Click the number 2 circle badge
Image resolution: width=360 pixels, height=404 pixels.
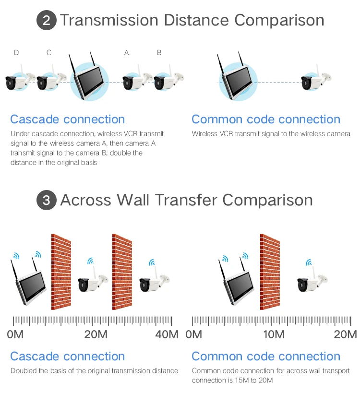tap(46, 21)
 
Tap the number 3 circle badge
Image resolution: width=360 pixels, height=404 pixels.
tap(46, 200)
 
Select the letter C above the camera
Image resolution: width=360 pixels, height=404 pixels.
tap(49, 53)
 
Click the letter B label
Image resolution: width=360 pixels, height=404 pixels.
tap(159, 53)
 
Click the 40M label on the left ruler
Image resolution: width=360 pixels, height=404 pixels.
tap(167, 334)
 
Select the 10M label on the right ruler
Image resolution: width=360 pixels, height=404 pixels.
tap(274, 334)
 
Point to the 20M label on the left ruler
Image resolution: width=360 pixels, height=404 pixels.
tap(96, 334)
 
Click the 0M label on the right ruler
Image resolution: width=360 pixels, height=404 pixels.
tap(194, 334)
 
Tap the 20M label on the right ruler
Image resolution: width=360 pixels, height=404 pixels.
tap(345, 334)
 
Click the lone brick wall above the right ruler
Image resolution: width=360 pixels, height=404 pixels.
tap(269, 271)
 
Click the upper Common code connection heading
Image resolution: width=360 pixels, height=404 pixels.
tap(266, 119)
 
